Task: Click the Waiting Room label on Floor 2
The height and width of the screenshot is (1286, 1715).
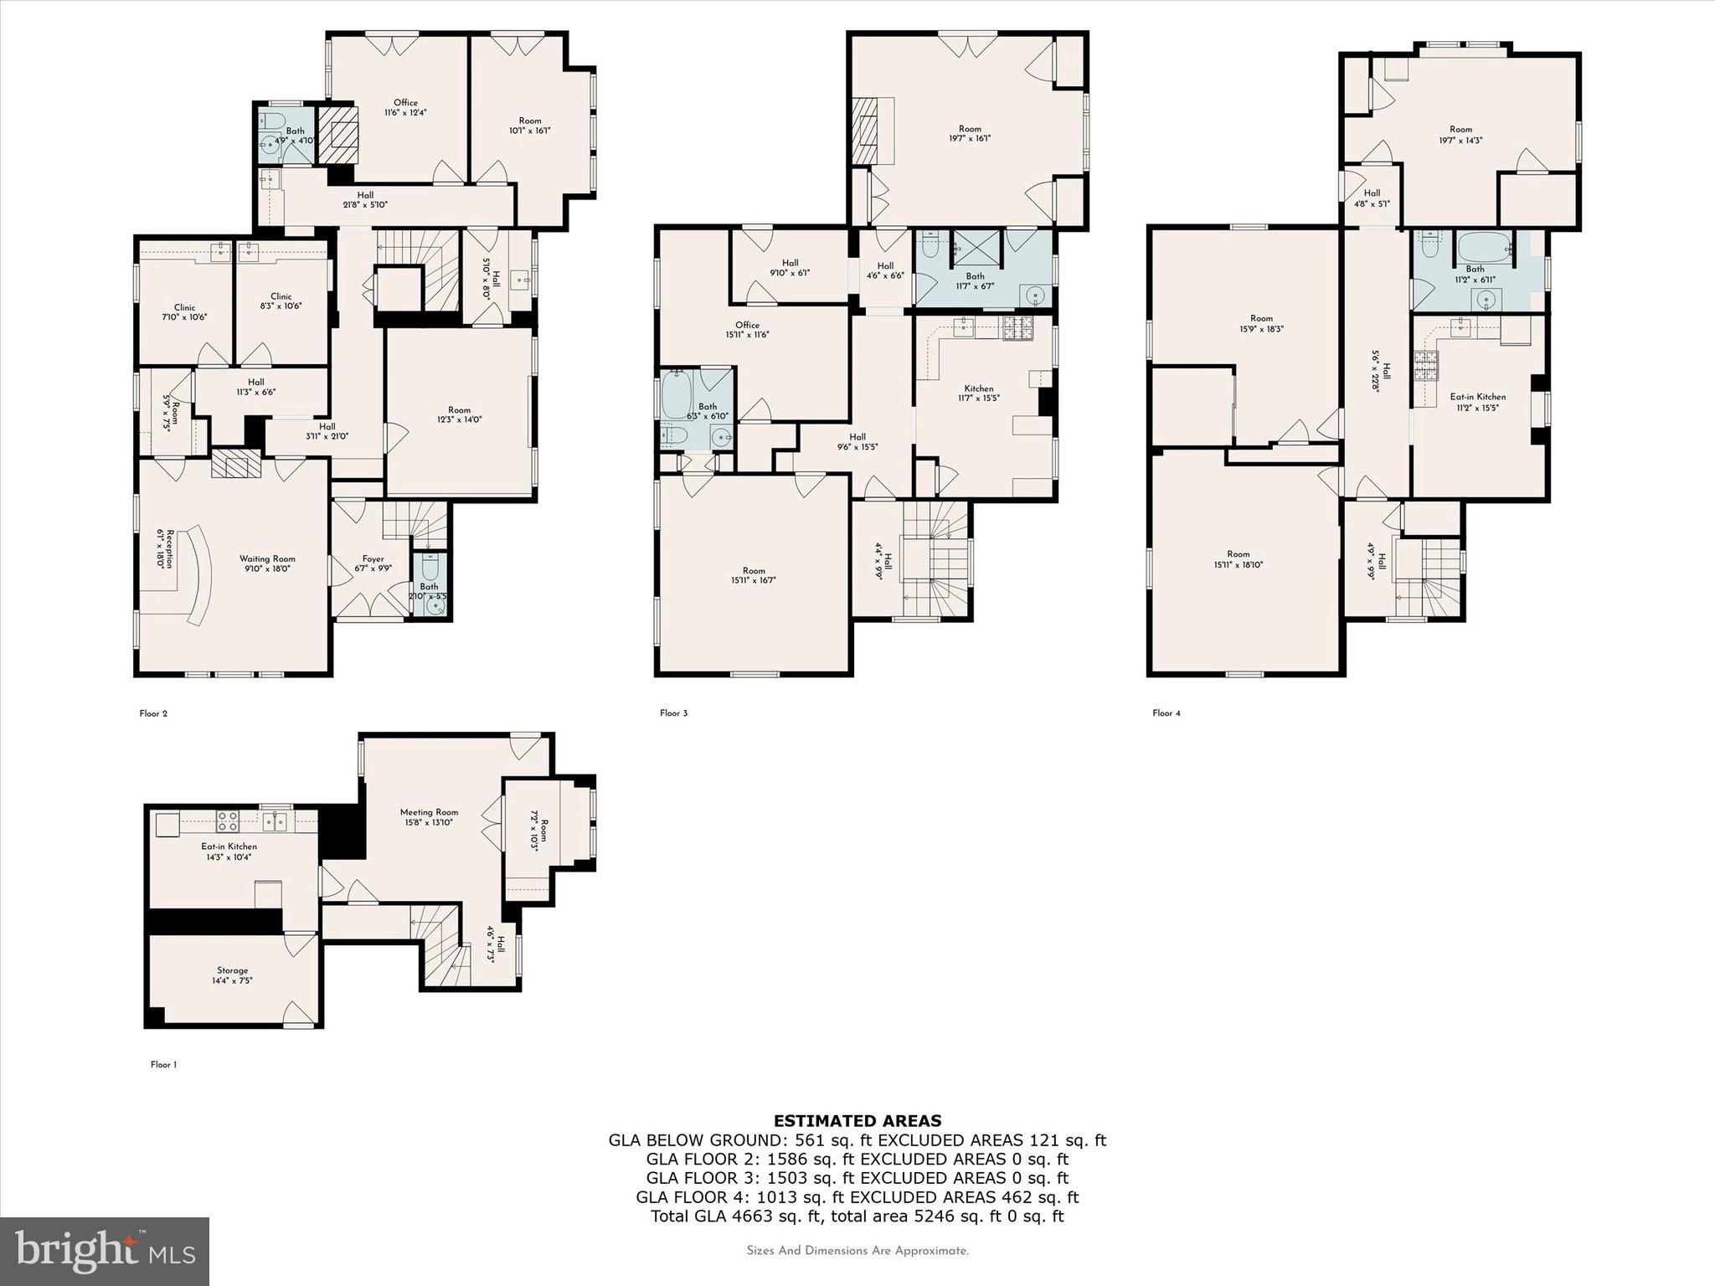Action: pyautogui.click(x=267, y=559)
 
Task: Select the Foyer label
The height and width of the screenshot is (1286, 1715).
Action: pyautogui.click(x=373, y=559)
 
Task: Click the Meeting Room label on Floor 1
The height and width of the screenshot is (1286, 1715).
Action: pyautogui.click(x=429, y=812)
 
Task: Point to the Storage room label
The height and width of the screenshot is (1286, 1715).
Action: pyautogui.click(x=233, y=970)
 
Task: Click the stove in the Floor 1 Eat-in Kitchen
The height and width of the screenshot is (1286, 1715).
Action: pyautogui.click(x=228, y=820)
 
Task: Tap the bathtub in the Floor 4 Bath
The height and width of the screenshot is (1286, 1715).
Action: pyautogui.click(x=1484, y=249)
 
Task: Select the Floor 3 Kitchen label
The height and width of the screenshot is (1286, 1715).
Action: pyautogui.click(x=978, y=388)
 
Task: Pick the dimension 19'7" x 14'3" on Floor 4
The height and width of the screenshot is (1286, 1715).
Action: pyautogui.click(x=1460, y=141)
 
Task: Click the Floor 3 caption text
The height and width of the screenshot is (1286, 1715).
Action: pyautogui.click(x=673, y=713)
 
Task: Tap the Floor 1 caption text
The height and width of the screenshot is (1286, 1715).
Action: pyautogui.click(x=164, y=1065)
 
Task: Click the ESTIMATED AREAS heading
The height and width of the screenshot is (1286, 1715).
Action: pyautogui.click(x=857, y=1121)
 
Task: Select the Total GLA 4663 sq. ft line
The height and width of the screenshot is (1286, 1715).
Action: pyautogui.click(x=857, y=1217)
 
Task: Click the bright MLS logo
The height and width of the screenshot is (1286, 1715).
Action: pyautogui.click(x=105, y=1251)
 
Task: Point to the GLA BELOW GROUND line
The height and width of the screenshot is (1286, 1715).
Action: pyautogui.click(x=857, y=1140)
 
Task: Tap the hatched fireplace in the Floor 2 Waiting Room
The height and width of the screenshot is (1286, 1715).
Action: pyautogui.click(x=237, y=463)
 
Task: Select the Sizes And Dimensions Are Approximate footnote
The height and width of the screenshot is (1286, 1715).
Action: pyautogui.click(x=857, y=1251)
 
